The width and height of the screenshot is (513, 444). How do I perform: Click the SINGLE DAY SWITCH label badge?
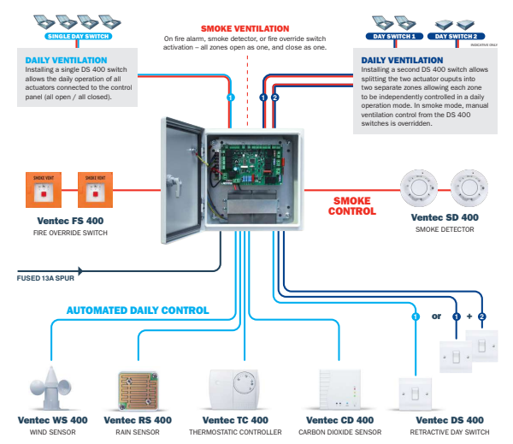click(x=77, y=37)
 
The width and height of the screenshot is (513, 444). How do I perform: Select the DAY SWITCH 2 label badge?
click(x=454, y=37)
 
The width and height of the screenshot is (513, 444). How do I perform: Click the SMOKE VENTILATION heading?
click(x=246, y=28)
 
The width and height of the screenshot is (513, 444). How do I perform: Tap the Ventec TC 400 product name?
click(x=235, y=421)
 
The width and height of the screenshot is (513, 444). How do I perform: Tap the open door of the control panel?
click(x=181, y=179)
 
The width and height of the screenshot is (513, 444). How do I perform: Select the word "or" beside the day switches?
click(x=436, y=317)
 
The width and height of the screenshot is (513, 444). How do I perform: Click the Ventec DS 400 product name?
click(x=450, y=421)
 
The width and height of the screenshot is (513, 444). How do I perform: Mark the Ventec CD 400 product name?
click(x=340, y=421)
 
